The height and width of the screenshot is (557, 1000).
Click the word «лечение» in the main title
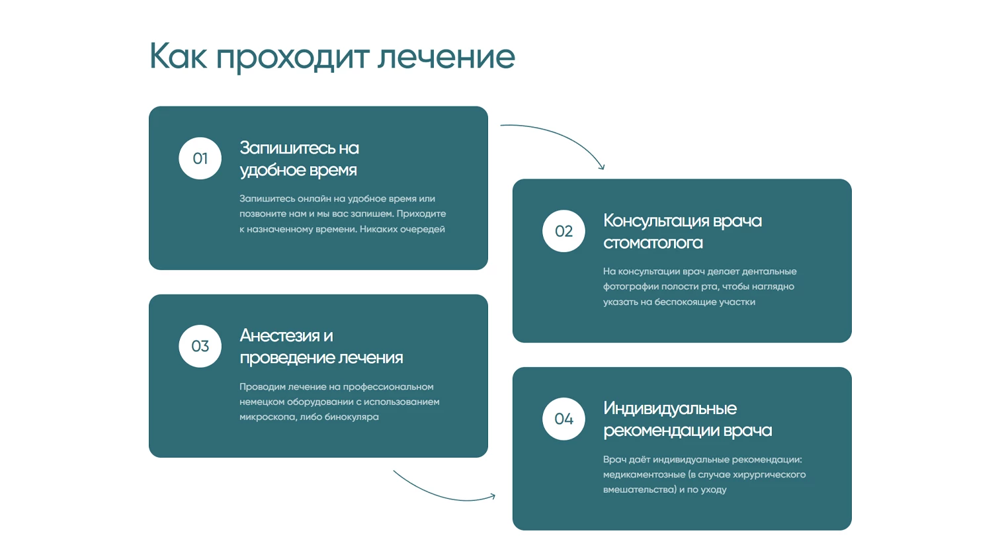[446, 57]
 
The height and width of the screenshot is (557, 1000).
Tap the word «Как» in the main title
[178, 56]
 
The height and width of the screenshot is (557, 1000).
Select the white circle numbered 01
[200, 158]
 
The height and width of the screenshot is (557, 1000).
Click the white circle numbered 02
[564, 231]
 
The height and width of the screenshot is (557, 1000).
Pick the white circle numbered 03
[200, 346]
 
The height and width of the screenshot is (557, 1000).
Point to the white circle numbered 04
[564, 419]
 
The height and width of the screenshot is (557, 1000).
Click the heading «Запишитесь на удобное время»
[299, 159]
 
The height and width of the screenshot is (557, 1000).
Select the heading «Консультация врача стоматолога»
[683, 232]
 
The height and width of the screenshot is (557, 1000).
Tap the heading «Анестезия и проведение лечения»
[321, 347]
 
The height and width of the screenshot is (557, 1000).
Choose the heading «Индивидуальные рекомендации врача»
[688, 419]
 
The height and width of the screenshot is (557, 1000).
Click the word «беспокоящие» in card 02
[683, 302]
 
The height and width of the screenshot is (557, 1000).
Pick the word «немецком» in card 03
[262, 402]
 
